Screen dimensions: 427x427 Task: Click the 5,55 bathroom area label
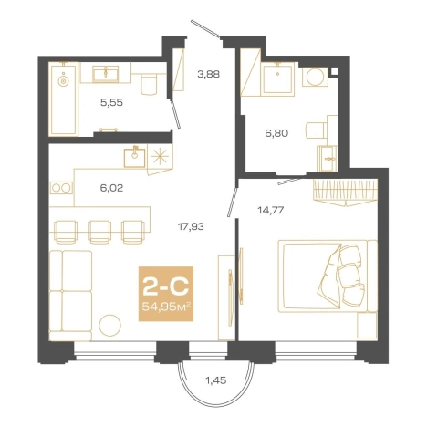[111, 102]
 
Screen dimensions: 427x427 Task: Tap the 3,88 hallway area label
[208, 74]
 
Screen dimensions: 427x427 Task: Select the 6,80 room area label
[276, 133]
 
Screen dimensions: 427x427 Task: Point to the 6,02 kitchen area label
[111, 188]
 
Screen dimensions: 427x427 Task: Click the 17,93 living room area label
[191, 226]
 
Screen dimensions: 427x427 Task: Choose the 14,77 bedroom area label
[271, 210]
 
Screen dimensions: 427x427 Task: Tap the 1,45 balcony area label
[216, 380]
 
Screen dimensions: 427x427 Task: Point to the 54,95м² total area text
[166, 307]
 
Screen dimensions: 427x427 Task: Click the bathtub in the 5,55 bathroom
[64, 99]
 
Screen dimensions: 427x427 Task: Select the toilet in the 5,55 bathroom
[149, 84]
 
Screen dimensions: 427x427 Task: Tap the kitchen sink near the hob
[134, 156]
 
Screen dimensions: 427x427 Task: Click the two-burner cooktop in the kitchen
[61, 188]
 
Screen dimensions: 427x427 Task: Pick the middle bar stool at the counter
[99, 232]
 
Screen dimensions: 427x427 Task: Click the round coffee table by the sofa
[109, 326]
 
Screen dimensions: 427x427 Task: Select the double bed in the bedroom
[328, 276]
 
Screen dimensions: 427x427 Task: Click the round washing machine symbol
[315, 77]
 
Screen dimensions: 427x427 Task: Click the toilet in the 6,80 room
[317, 130]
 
